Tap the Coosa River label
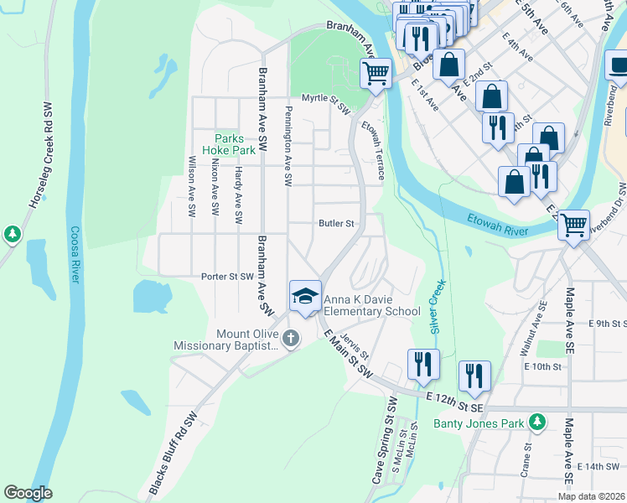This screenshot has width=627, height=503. (75, 253)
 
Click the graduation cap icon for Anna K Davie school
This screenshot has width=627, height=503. (305, 295)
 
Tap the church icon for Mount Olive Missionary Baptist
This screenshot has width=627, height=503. (291, 339)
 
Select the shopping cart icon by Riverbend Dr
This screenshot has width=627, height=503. (573, 224)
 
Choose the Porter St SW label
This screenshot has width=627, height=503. (226, 276)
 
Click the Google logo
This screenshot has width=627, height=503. (28, 493)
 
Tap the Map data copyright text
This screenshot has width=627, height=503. (591, 496)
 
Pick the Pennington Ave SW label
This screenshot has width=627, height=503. (288, 146)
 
